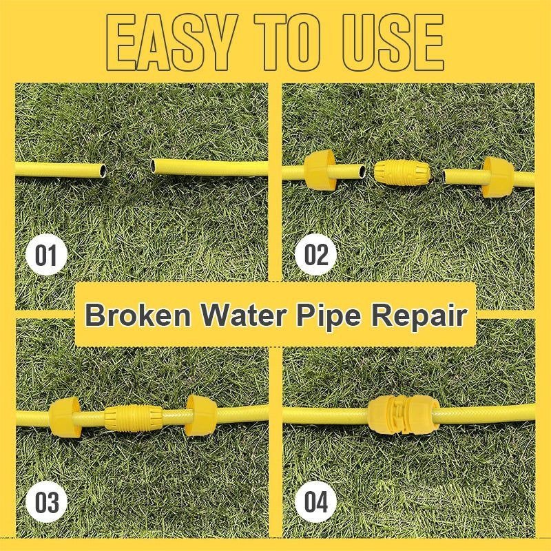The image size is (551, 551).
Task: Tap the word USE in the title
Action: point(393,43)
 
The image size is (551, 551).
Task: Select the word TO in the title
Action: point(288,43)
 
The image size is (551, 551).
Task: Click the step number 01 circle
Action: point(46,255)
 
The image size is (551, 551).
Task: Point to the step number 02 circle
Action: point(315,255)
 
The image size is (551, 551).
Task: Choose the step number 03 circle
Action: point(46,502)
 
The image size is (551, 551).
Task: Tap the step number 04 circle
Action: point(315,502)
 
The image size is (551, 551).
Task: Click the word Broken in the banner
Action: point(138,315)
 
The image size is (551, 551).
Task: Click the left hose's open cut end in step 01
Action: point(103,170)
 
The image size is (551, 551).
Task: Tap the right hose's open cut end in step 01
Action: point(154,166)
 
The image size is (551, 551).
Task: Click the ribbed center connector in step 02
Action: point(402,173)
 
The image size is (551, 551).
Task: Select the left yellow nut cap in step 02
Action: point(320,168)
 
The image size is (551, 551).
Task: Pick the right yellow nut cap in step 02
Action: point(497,177)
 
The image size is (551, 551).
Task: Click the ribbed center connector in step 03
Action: point(134,418)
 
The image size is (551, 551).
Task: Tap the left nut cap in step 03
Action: point(65,417)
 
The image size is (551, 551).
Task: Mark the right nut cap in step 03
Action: point(201,415)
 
